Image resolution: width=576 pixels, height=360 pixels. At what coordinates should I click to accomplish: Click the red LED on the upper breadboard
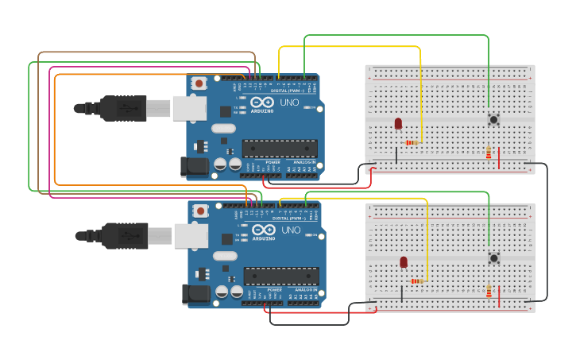click(x=398, y=123)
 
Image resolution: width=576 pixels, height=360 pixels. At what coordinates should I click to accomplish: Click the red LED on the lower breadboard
click(x=404, y=262)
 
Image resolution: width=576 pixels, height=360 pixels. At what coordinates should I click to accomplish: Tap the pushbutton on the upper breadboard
click(x=493, y=119)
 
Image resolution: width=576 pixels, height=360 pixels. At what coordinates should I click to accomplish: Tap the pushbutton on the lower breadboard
click(x=493, y=257)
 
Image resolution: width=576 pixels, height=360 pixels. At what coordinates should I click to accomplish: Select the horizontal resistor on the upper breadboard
click(x=412, y=143)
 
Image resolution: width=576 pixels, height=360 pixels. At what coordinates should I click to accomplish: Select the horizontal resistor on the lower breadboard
click(x=417, y=281)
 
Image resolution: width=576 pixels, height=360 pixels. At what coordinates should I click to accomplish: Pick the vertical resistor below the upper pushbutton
click(x=489, y=153)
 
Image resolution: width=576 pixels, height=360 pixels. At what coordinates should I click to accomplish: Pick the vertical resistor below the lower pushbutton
click(x=489, y=292)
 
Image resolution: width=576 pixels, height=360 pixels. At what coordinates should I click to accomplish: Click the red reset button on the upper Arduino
click(x=199, y=82)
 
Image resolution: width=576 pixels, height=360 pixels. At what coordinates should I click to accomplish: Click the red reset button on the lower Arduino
click(x=201, y=211)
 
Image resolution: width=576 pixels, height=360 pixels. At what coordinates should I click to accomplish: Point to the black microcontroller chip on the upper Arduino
click(x=280, y=149)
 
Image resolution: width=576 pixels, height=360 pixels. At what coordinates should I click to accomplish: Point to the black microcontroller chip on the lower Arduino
click(x=281, y=277)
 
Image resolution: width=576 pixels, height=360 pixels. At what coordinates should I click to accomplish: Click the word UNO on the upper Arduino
click(x=289, y=102)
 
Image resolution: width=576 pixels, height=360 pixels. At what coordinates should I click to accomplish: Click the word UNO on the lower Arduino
click(x=291, y=230)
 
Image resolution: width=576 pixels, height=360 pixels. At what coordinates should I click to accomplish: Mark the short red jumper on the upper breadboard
click(x=499, y=159)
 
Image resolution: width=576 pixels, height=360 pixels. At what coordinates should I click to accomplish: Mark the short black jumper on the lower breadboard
click(x=402, y=294)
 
